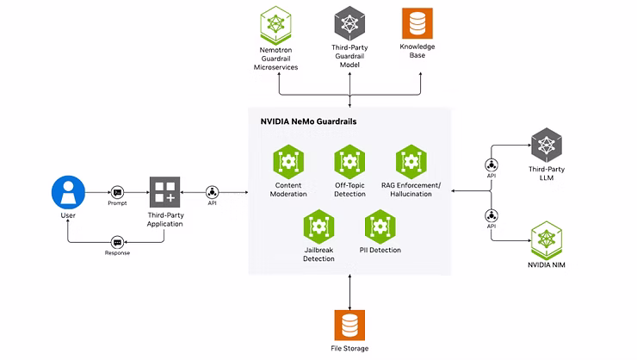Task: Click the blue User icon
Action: point(68,192)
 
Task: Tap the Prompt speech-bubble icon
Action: point(117,192)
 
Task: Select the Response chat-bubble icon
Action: point(117,243)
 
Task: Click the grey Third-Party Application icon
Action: point(165,192)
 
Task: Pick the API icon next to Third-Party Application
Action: point(212,192)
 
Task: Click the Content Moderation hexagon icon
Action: point(288,162)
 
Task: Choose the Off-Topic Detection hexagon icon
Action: point(349,162)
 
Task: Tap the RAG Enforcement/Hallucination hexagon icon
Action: point(411,162)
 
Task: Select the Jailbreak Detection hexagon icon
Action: point(318,227)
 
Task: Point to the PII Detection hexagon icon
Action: point(380,227)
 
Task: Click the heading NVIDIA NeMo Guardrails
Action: point(308,121)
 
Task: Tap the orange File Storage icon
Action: point(349,325)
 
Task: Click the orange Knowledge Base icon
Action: point(417,23)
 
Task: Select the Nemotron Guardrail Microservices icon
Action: point(275,25)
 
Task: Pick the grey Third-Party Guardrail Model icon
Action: point(349,23)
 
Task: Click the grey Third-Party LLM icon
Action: point(547,145)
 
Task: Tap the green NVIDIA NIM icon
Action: point(547,240)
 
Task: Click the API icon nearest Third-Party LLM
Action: point(492,165)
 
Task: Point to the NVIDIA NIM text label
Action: point(547,265)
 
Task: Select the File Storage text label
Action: point(349,348)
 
